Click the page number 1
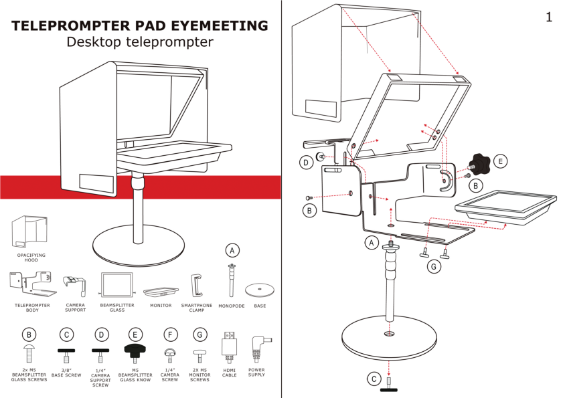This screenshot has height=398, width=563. (x=548, y=17)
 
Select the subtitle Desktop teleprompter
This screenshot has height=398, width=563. (x=140, y=42)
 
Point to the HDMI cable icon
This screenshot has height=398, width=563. (x=229, y=346)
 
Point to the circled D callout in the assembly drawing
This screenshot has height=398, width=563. (x=305, y=162)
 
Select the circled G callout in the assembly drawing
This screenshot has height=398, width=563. (x=435, y=268)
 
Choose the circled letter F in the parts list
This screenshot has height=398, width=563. (x=169, y=334)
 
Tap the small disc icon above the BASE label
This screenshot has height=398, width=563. (x=259, y=290)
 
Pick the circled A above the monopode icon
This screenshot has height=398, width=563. (x=232, y=250)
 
